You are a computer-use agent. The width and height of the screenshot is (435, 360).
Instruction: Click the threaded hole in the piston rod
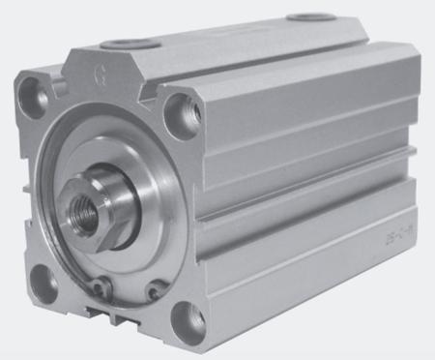[x=86, y=208]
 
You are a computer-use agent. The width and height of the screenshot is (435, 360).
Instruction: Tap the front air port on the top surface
[x=127, y=43]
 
